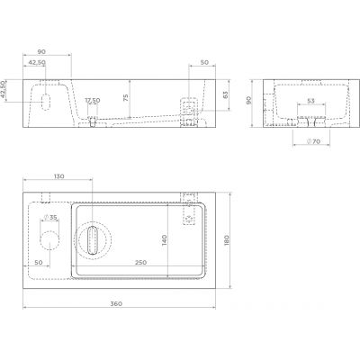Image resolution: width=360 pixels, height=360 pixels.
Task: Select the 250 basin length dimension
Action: pos(141,262)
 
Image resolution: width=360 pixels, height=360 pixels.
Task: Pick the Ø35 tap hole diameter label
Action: pos(50,218)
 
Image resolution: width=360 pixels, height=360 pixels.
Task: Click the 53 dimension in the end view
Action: pos(310,102)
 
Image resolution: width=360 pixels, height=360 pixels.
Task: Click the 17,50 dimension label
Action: pos(92,101)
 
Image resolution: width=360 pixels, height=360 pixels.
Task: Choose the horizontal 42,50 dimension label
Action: pos(38,62)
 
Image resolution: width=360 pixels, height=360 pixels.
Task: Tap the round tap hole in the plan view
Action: pos(52,238)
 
